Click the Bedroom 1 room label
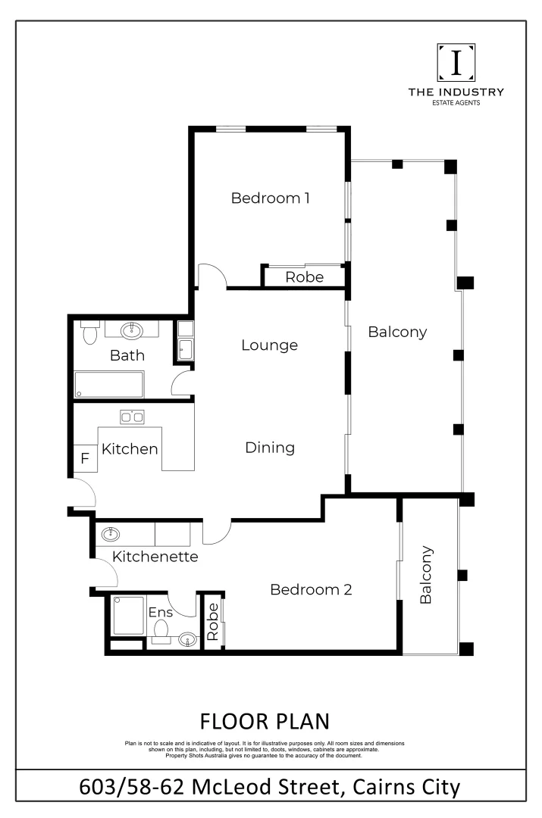[271, 198]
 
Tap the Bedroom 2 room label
[311, 589]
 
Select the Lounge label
[269, 345]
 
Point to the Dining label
[270, 448]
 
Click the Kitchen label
[130, 449]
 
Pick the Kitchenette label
[155, 557]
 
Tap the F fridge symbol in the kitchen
[85, 459]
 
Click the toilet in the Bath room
[89, 333]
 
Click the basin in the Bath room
[133, 329]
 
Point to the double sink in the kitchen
[133, 416]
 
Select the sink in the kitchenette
[110, 534]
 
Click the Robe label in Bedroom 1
[304, 278]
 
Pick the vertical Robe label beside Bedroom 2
[213, 623]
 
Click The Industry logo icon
[456, 63]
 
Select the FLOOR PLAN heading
[265, 720]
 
